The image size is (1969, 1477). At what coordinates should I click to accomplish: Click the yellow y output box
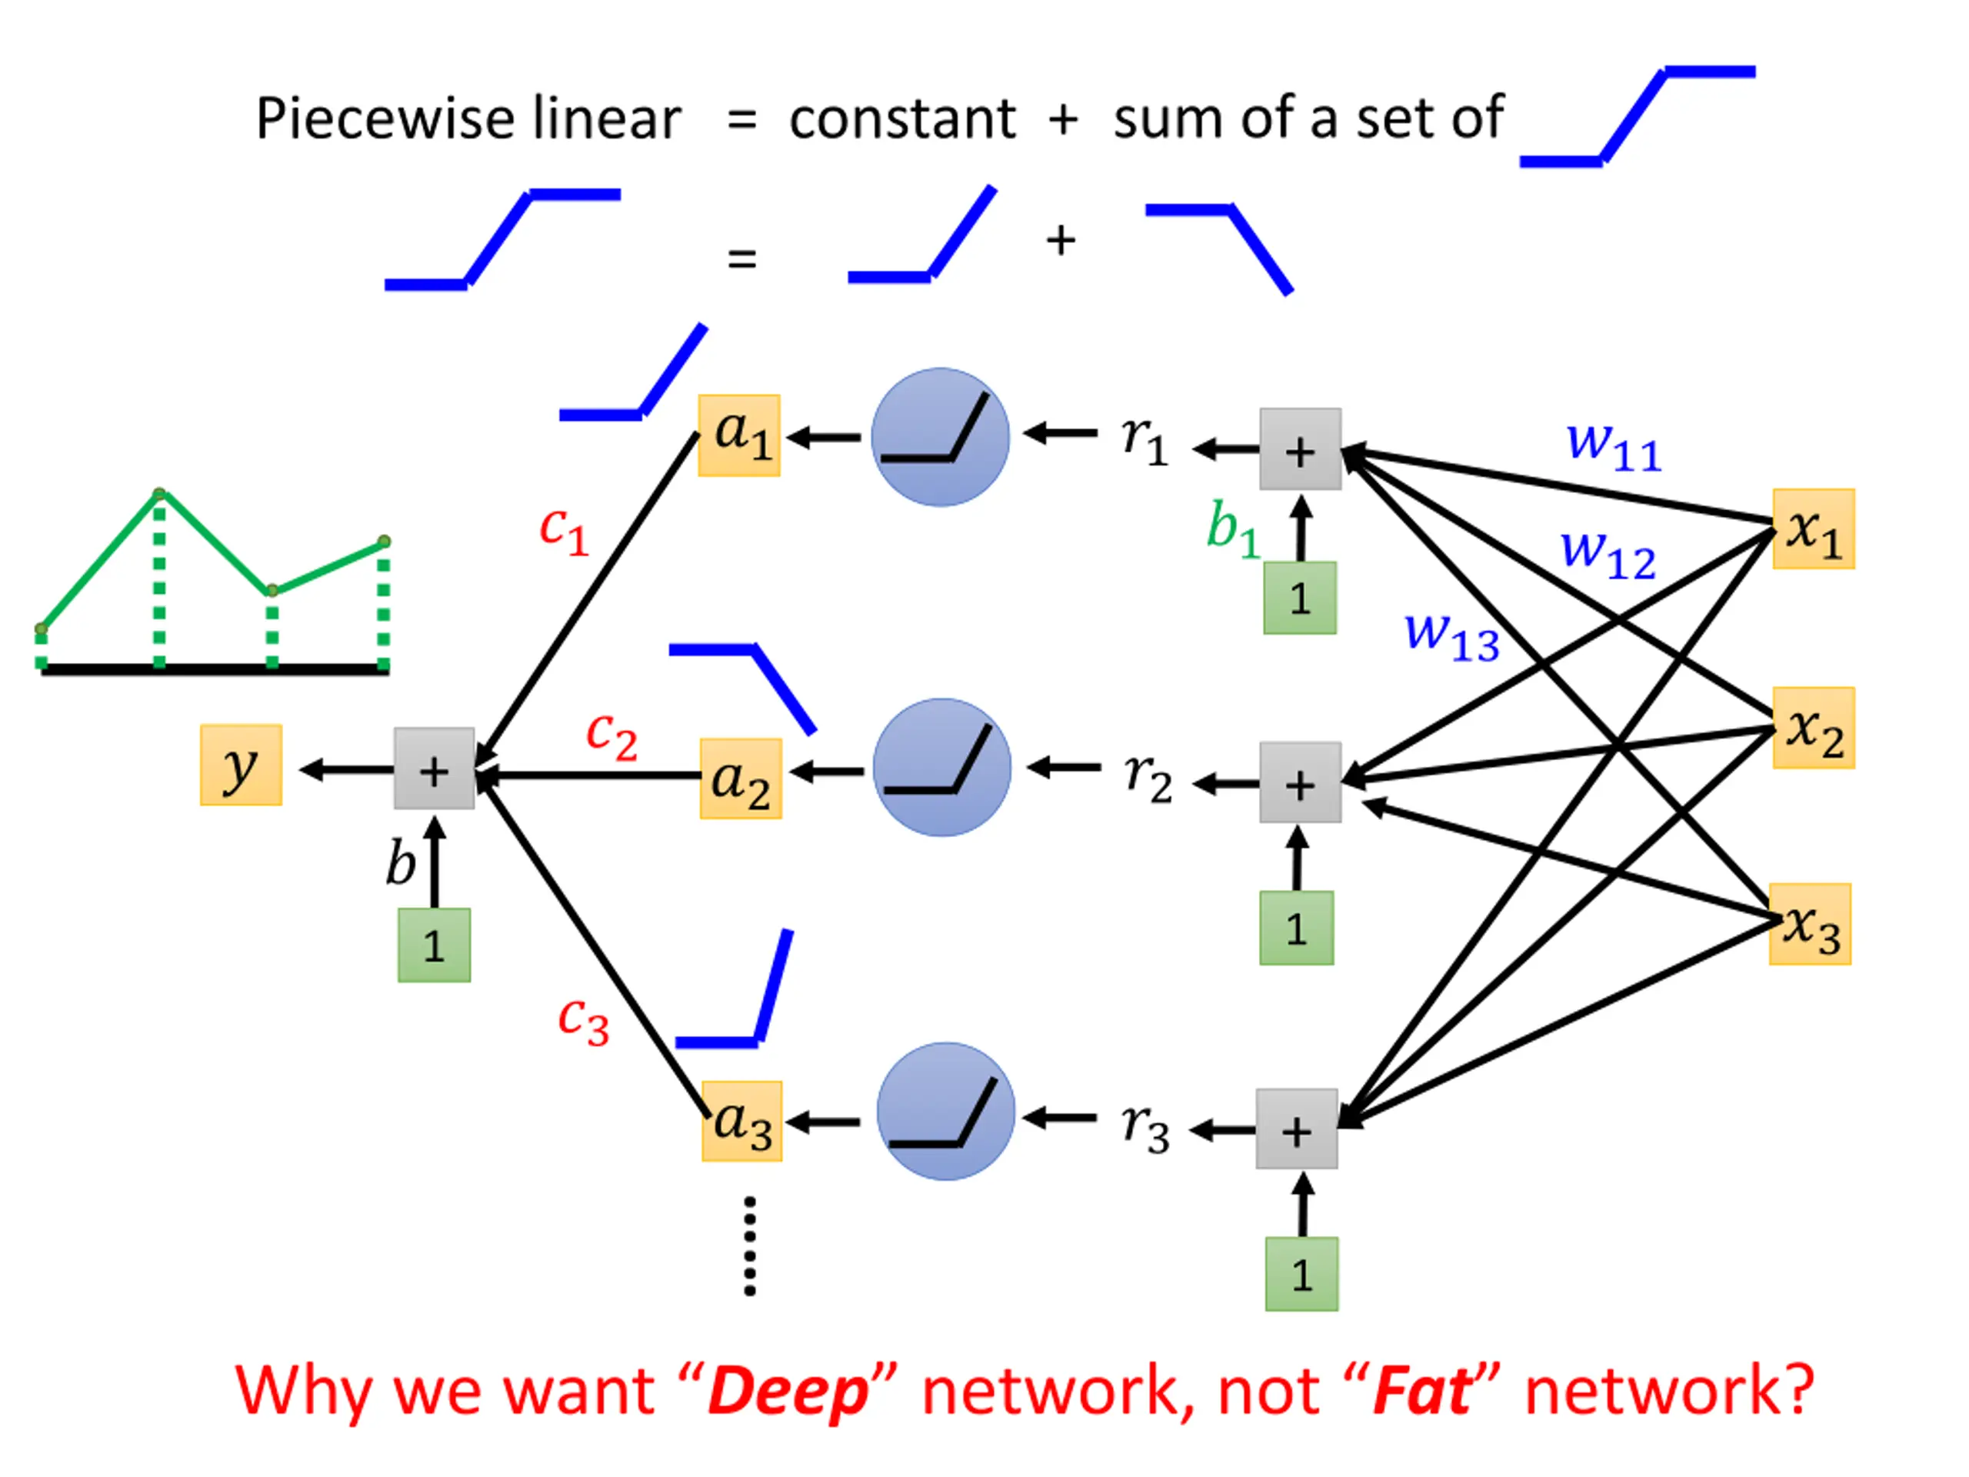pyautogui.click(x=242, y=765)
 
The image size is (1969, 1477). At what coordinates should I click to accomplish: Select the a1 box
pyautogui.click(x=739, y=435)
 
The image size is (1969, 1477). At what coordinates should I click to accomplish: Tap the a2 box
pyautogui.click(x=741, y=779)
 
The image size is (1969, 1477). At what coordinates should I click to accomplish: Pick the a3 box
pyautogui.click(x=741, y=1121)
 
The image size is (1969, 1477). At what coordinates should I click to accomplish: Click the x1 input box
pyautogui.click(x=1813, y=528)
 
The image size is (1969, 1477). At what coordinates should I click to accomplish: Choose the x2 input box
pyautogui.click(x=1813, y=728)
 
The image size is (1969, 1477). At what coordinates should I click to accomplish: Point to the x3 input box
pyautogui.click(x=1810, y=924)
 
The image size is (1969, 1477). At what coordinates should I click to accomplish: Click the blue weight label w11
pyautogui.click(x=1614, y=446)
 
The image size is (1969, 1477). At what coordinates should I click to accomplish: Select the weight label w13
pyautogui.click(x=1452, y=636)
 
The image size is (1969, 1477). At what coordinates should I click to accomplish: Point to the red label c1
pyautogui.click(x=565, y=531)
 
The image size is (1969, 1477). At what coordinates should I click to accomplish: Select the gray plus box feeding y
pyautogui.click(x=435, y=769)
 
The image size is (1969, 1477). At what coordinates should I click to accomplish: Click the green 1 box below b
pyautogui.click(x=435, y=945)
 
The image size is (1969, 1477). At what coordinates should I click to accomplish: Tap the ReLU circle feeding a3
pyautogui.click(x=945, y=1111)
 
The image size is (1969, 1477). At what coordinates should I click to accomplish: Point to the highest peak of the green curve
pyautogui.click(x=158, y=493)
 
